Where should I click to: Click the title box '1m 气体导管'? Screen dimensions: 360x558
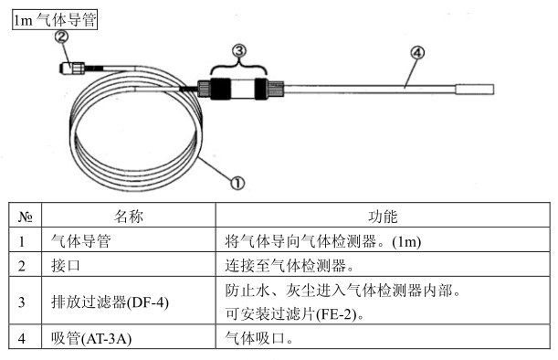tap(54, 19)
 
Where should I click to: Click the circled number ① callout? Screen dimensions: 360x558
tap(237, 182)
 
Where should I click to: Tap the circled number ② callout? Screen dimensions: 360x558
tap(62, 37)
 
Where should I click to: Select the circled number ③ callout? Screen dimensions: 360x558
tap(239, 49)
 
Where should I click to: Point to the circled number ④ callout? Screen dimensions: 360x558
tap(416, 53)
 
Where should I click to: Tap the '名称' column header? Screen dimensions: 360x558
tap(130, 217)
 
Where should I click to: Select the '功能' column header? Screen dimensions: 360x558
tap(383, 217)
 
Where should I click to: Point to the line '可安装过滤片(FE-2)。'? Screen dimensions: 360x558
tap(300, 313)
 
